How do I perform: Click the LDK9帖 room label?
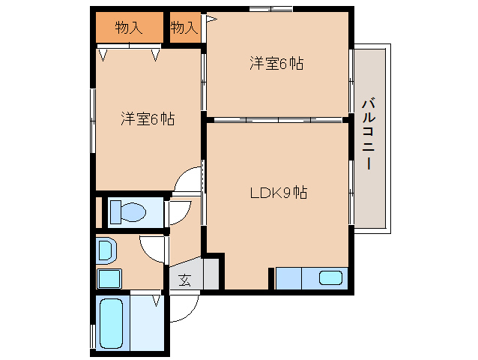278,193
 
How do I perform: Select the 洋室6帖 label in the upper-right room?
276,64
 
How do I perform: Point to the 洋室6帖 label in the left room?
148,118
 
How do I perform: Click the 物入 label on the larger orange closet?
128,28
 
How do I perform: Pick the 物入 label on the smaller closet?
184,28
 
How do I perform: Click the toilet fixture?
128,211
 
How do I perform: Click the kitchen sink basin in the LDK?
330,278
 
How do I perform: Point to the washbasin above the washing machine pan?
104,249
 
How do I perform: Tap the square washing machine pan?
108,279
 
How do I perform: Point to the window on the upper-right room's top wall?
270,10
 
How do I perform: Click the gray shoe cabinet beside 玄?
210,274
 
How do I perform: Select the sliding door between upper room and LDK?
277,119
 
